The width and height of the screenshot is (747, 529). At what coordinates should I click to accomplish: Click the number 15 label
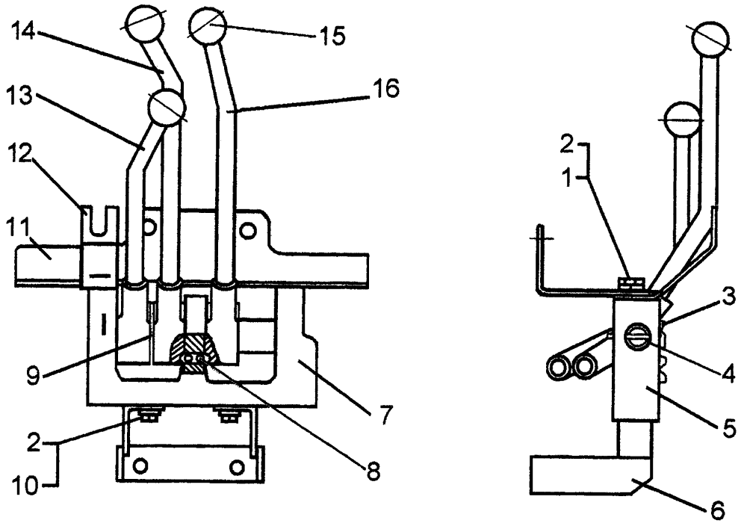(x=329, y=36)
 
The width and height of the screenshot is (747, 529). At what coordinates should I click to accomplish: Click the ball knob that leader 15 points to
(x=207, y=27)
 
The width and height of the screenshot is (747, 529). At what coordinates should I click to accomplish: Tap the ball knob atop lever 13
(x=166, y=108)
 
